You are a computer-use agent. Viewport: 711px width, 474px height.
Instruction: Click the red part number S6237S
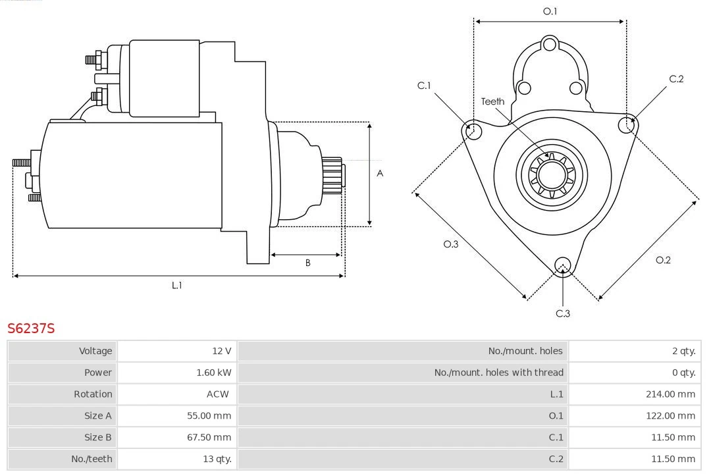(x=31, y=328)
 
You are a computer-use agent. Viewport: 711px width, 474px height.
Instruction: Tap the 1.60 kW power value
(x=213, y=373)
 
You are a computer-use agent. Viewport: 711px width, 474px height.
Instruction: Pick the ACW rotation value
(x=217, y=394)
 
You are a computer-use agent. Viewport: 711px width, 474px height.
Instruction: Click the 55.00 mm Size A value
(x=209, y=415)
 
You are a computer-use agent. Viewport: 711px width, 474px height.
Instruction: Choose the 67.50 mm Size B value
(x=209, y=437)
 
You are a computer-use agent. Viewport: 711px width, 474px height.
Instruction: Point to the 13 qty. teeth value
(x=217, y=459)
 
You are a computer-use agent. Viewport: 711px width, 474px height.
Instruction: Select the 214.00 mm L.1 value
(x=670, y=394)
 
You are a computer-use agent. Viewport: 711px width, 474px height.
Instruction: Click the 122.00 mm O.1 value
(x=670, y=415)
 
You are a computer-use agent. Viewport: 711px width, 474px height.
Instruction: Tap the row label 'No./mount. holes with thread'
(x=498, y=373)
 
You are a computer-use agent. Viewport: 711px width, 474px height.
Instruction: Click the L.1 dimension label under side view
(x=176, y=285)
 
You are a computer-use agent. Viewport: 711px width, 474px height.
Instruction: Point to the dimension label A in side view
(x=380, y=174)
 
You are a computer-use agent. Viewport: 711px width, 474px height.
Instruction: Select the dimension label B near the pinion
(x=307, y=263)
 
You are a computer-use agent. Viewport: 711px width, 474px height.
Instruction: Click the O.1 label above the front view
(x=550, y=11)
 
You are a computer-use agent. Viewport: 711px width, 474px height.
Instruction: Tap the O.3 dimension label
(x=450, y=244)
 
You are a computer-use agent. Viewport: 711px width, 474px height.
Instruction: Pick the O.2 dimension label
(x=663, y=260)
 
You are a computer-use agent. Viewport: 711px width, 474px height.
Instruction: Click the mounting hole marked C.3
(x=562, y=265)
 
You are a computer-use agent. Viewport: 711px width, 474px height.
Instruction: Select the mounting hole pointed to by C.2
(x=625, y=125)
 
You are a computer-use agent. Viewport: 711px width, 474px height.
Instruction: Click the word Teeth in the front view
(x=492, y=101)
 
